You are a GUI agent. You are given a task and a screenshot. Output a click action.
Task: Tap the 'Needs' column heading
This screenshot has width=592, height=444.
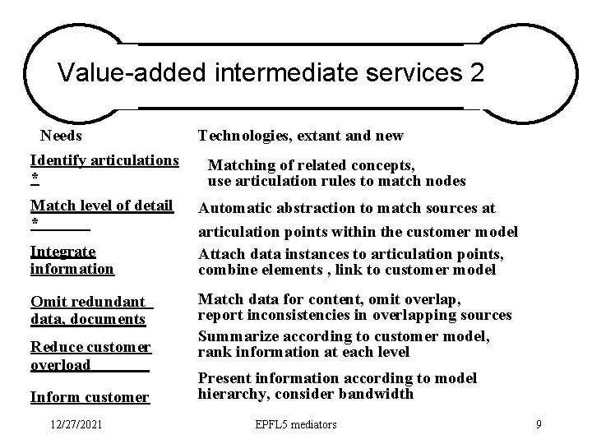pos(61,135)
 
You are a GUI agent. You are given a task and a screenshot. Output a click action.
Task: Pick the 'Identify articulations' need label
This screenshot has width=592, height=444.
pos(104,160)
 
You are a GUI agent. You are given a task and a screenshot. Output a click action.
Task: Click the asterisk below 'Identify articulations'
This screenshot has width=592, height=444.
pos(34,178)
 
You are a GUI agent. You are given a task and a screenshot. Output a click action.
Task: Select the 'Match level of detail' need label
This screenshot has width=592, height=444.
pos(101,205)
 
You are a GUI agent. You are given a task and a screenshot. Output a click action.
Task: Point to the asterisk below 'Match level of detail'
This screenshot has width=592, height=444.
pos(34,223)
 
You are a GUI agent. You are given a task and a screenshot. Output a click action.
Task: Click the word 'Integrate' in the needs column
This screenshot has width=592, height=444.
pos(62,251)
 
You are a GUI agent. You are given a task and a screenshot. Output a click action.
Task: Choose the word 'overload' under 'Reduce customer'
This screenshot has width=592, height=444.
pos(60,364)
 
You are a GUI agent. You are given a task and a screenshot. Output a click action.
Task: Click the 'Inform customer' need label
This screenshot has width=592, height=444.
pos(90,397)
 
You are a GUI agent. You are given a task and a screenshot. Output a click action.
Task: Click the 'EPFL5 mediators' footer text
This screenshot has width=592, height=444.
pos(296,424)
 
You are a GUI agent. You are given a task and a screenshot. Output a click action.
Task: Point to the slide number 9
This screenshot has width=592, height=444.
pos(538,424)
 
